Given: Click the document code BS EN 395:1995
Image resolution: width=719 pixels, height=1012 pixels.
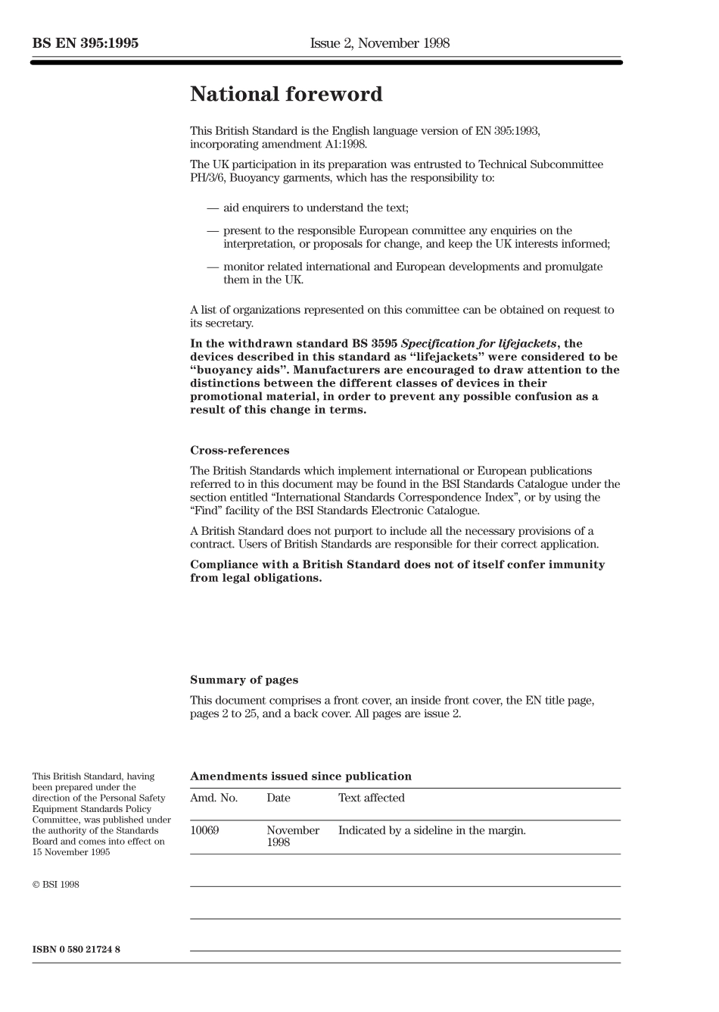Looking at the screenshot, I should pos(86,43).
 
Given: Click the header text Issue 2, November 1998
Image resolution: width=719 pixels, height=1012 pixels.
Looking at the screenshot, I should pos(379,43).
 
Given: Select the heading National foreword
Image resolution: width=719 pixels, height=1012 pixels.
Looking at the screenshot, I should pos(286,95).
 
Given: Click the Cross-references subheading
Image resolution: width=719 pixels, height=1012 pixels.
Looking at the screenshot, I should pos(239,451).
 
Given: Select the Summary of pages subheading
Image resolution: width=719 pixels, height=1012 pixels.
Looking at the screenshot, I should pos(244,680).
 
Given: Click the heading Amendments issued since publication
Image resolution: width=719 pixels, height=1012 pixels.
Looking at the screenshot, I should pos(300,776).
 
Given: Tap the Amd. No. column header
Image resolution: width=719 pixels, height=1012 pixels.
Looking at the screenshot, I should pos(213,798).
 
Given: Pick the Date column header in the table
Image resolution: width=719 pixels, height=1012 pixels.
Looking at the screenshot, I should pos(278,798).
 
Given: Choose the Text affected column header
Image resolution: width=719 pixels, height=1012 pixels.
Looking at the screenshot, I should pos(371,798).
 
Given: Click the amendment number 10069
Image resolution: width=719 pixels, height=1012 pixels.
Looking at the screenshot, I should pos(204,830).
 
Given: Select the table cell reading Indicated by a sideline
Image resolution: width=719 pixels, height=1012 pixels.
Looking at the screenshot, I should pos(431,830).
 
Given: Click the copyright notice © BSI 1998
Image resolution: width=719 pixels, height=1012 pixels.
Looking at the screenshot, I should pos(55,885).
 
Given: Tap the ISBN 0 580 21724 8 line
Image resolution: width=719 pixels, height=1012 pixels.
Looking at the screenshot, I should pos(76,950).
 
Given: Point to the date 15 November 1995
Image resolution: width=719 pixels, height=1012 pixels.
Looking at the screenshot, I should pos(71,852).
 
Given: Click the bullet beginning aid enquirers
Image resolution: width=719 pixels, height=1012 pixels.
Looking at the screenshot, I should pos(315,208).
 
